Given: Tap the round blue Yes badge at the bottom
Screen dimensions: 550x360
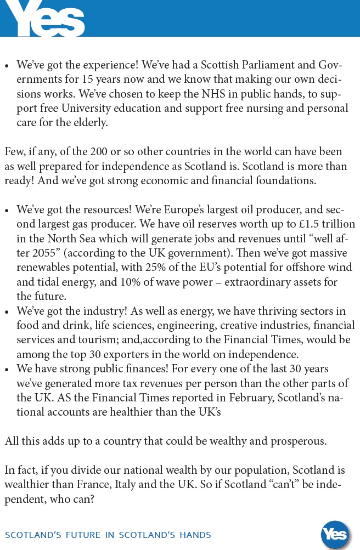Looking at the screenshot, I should tap(334, 534).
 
